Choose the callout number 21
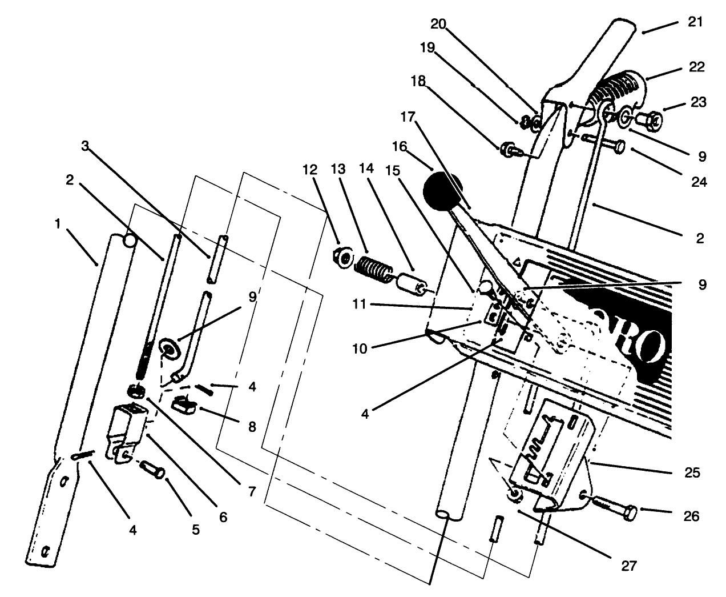coord(697,23)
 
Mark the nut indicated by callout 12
coord(344,258)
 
